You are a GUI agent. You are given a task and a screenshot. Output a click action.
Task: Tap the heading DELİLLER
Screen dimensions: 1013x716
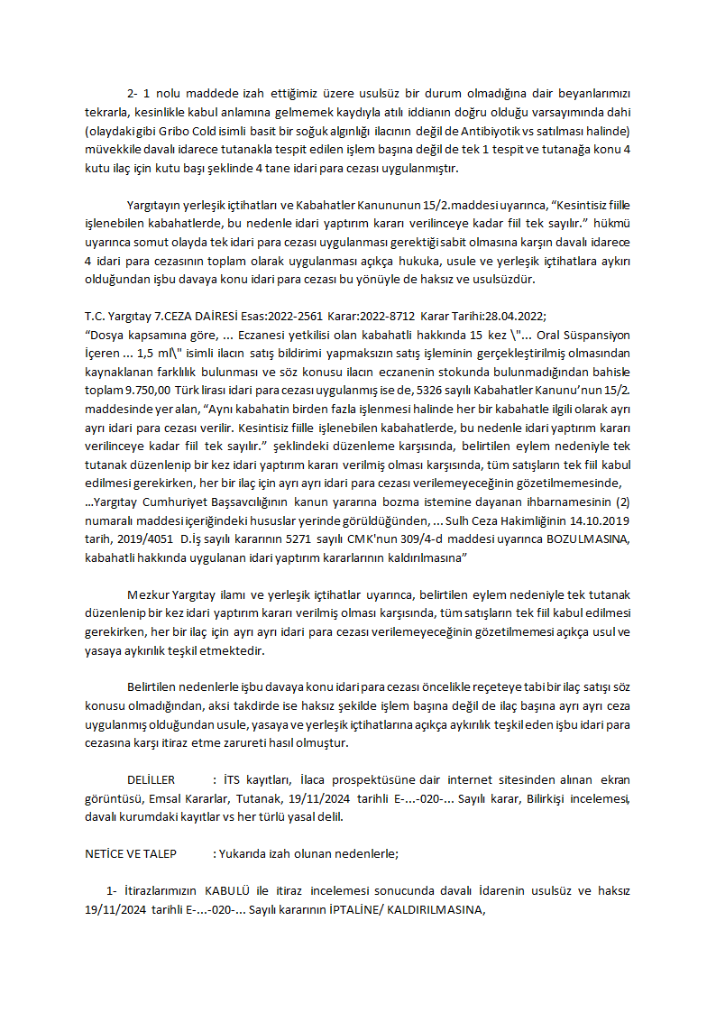click(151, 779)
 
